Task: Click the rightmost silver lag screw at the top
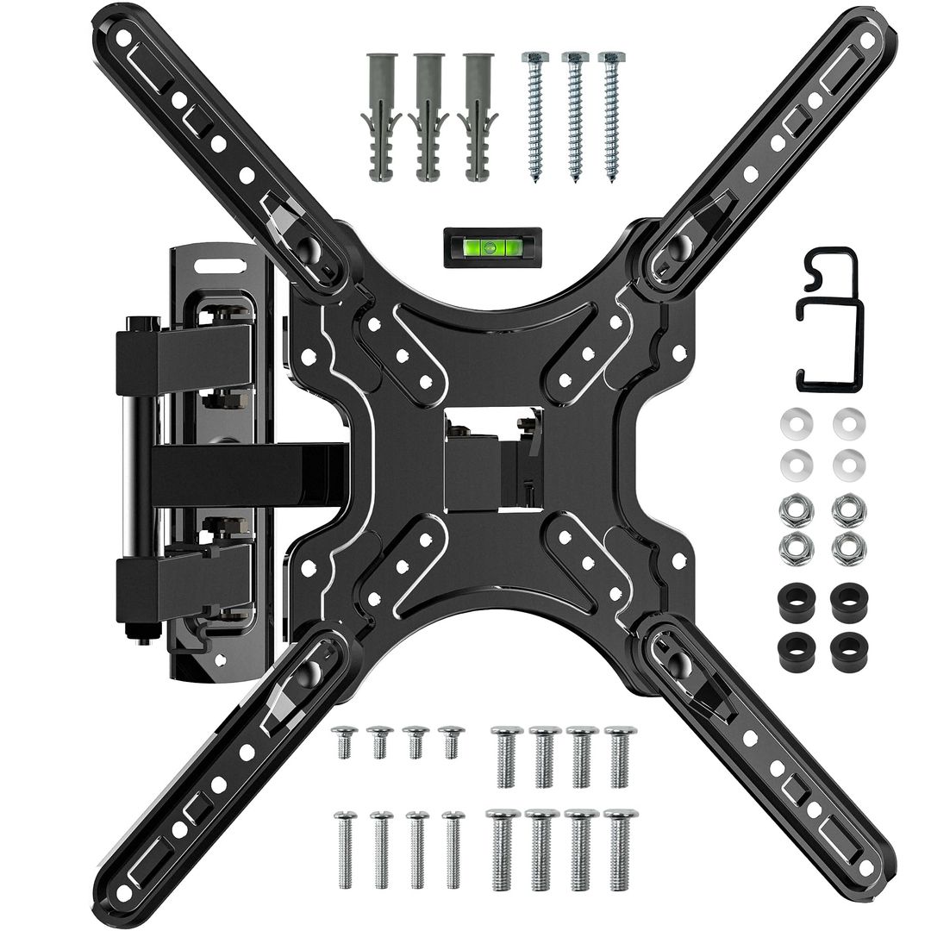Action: coord(611,116)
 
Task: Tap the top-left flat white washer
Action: coord(795,423)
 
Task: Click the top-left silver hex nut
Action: coord(795,509)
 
